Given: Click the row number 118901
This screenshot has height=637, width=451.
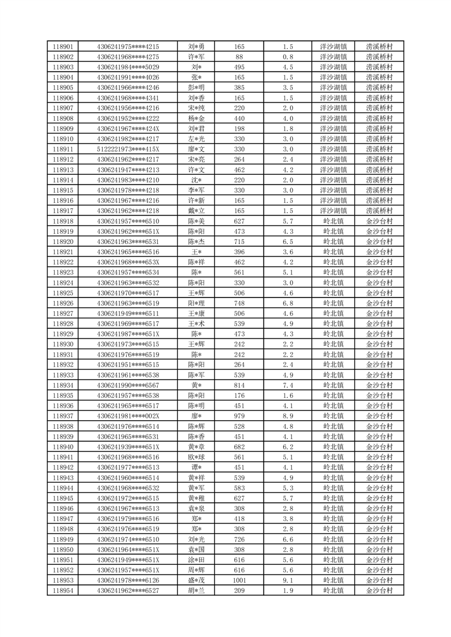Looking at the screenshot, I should click(x=62, y=47).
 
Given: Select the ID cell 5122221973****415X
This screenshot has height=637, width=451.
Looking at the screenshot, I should click(x=128, y=149).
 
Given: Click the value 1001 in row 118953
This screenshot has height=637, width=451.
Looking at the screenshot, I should click(x=239, y=580).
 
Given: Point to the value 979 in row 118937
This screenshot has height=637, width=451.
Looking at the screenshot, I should click(x=239, y=416).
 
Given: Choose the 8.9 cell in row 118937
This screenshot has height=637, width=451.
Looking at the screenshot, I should click(x=288, y=416).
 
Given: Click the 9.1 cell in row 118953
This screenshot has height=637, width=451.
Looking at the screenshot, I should click(x=288, y=580).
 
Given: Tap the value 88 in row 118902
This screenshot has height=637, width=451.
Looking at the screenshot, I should click(x=239, y=57).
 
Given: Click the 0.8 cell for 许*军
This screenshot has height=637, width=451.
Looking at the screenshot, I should click(x=288, y=57).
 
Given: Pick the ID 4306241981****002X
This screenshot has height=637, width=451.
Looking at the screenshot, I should click(x=128, y=416).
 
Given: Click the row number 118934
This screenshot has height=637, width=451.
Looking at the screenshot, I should click(x=62, y=385).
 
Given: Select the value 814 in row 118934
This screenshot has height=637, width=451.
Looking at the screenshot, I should click(x=239, y=385).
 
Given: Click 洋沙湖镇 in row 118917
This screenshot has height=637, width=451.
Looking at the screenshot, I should click(x=333, y=211).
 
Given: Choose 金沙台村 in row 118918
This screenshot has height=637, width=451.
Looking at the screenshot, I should click(x=379, y=221).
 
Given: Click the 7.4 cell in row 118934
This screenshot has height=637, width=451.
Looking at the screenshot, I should click(x=288, y=385).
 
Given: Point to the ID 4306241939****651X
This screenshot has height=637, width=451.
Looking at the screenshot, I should click(x=128, y=447).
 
